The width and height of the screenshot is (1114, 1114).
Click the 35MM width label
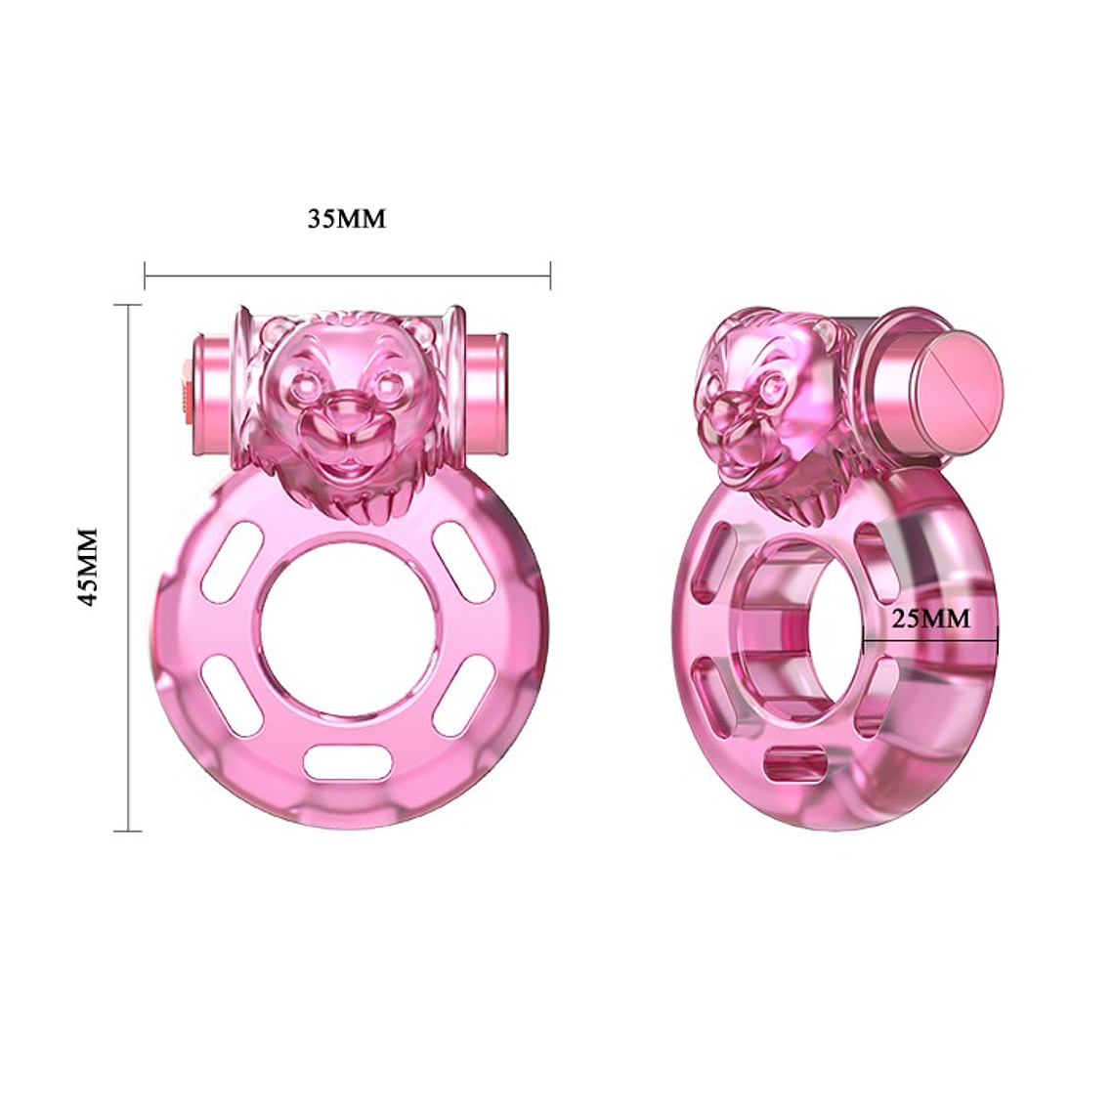(347, 218)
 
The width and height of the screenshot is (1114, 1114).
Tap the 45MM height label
(89, 567)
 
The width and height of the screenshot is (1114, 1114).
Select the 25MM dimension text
(931, 618)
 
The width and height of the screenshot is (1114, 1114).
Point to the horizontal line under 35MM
(347, 276)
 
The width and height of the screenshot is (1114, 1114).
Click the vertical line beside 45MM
(128, 567)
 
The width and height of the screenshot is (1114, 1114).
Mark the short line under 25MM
(930, 642)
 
